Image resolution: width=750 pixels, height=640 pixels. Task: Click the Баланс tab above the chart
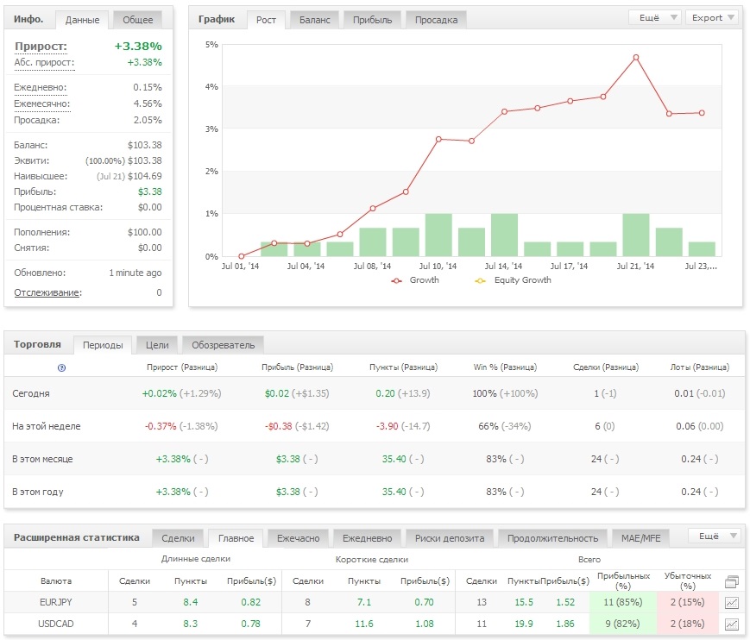(315, 20)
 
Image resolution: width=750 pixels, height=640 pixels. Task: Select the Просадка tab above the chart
(436, 20)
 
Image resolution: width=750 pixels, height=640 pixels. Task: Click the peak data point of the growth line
(636, 57)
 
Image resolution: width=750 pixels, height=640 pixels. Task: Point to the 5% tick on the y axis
(211, 45)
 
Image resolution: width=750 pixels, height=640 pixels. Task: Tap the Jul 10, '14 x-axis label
(438, 267)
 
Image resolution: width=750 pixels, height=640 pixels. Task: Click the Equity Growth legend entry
(514, 280)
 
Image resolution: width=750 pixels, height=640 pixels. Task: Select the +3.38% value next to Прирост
(138, 47)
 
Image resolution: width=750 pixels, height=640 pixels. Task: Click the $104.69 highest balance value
(144, 176)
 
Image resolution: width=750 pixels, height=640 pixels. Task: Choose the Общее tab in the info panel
(138, 20)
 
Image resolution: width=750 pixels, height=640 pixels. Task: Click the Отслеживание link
(47, 292)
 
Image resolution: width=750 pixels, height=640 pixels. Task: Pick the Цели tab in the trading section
(157, 345)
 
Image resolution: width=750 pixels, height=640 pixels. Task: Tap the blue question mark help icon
(61, 367)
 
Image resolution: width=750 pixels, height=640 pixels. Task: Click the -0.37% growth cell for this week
(161, 426)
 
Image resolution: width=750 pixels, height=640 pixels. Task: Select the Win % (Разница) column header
(505, 367)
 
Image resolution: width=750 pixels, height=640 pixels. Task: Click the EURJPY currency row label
(56, 602)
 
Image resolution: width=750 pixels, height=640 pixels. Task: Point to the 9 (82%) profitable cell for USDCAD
(623, 624)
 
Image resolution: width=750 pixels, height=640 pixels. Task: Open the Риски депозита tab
(450, 538)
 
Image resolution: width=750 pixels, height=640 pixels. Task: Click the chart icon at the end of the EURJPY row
(732, 603)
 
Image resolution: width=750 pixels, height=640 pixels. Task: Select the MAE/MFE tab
(641, 538)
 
